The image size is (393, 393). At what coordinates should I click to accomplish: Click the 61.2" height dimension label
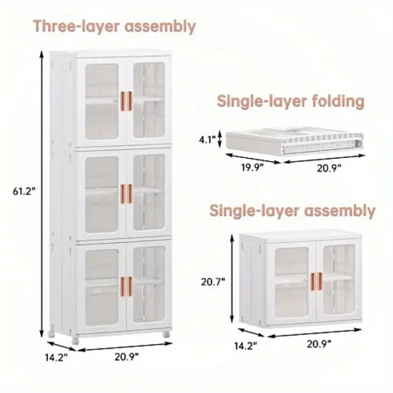tap(24, 192)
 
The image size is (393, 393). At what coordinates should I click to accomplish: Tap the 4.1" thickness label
tap(207, 140)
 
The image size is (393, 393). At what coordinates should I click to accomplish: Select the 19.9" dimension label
tap(253, 168)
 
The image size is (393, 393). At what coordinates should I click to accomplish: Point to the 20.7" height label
tap(213, 282)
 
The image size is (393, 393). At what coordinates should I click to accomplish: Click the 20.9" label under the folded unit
tap(329, 168)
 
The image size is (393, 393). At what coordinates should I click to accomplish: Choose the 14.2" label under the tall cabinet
tap(56, 357)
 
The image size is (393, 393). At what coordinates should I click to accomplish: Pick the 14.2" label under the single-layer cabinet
tap(246, 346)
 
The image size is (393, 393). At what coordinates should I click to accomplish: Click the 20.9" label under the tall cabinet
tap(127, 357)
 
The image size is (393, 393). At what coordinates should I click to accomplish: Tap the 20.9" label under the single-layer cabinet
tap(319, 344)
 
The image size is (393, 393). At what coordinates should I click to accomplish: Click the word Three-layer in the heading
tap(78, 26)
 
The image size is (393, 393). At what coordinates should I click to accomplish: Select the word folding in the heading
tap(338, 101)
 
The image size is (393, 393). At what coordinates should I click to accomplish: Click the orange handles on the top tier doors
tap(126, 101)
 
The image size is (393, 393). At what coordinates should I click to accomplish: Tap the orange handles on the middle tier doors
tap(126, 194)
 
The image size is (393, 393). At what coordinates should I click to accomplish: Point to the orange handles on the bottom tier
tap(126, 286)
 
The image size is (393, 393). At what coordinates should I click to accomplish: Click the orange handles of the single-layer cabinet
tap(316, 281)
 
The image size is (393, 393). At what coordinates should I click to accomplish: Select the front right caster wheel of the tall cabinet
tap(166, 335)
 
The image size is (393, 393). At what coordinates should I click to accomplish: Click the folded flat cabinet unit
tap(294, 141)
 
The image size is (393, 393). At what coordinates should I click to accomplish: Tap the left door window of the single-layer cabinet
tap(291, 282)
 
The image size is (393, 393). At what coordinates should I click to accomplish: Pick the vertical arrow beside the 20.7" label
tap(232, 278)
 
